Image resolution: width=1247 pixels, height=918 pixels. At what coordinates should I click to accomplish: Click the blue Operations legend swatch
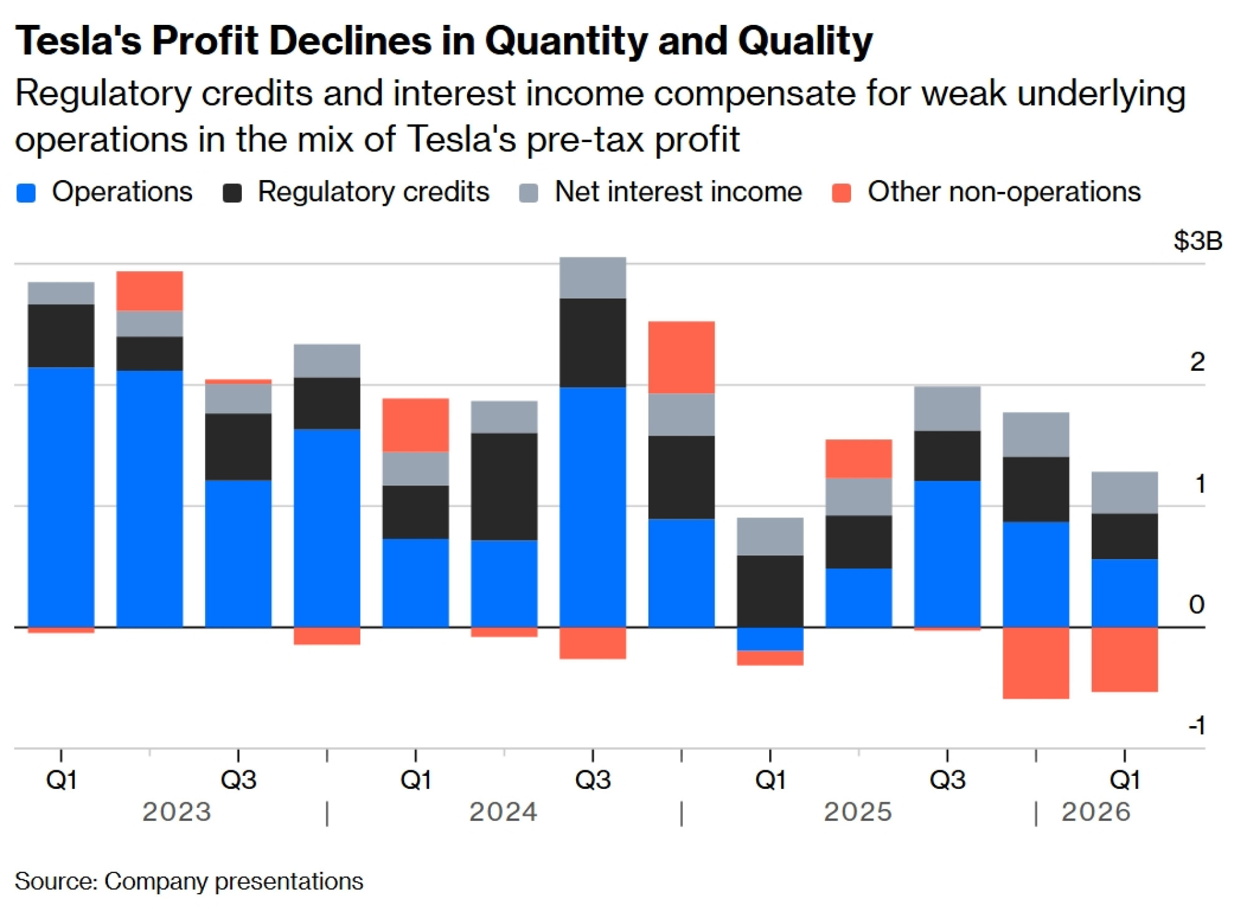tap(26, 193)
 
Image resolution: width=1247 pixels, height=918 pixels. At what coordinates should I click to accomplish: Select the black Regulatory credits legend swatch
tap(232, 193)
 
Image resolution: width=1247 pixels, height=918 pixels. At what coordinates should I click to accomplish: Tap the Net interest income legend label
tap(678, 192)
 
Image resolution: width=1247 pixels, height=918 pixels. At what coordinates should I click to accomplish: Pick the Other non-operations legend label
tap(1004, 192)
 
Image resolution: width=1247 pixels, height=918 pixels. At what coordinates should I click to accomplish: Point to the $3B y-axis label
tap(1197, 241)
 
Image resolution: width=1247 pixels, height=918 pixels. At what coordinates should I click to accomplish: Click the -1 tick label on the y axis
tap(1196, 725)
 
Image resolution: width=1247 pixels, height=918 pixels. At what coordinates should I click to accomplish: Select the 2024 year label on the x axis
tap(503, 812)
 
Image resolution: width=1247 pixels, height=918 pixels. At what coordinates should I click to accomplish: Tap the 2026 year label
tap(1095, 812)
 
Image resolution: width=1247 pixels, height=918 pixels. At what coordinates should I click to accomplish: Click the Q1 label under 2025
tap(770, 780)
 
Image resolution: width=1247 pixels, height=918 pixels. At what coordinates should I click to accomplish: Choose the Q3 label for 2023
tap(238, 780)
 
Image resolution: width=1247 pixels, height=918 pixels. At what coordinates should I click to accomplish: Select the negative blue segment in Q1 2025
tap(770, 639)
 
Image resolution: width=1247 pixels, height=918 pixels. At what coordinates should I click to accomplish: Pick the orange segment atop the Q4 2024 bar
tap(681, 357)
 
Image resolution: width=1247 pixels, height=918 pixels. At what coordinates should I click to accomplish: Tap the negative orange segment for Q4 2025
tap(1036, 662)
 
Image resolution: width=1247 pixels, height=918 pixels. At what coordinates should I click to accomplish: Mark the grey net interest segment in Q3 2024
tap(592, 278)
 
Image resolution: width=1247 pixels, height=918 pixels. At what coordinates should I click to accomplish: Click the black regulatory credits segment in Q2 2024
tap(504, 486)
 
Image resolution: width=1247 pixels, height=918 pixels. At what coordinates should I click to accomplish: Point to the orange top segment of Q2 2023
tap(150, 291)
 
